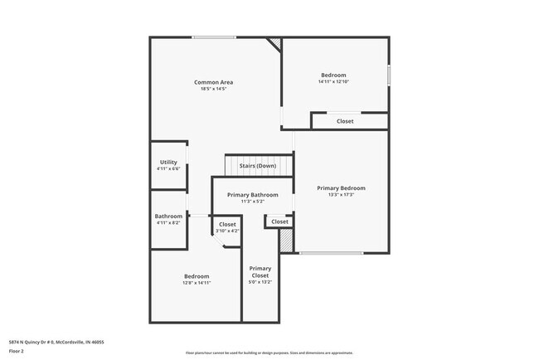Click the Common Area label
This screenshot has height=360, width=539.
(213, 82)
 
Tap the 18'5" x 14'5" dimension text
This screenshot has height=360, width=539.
(213, 89)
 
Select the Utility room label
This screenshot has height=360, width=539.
(168, 163)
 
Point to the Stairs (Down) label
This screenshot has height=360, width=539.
(258, 166)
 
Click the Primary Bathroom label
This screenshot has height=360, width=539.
(253, 195)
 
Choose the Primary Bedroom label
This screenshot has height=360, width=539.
(341, 188)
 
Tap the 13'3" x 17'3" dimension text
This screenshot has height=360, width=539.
(341, 195)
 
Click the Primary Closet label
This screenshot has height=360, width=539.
(260, 272)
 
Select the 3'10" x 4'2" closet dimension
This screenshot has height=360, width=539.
(227, 231)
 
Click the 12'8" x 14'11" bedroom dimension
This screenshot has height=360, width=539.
(197, 283)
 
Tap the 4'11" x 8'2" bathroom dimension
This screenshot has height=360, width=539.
(168, 222)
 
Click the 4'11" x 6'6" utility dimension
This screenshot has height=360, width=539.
(168, 169)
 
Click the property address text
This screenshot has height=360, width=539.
(56, 342)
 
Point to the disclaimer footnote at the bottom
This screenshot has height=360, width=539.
(269, 353)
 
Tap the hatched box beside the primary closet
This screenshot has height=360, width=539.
(286, 241)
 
